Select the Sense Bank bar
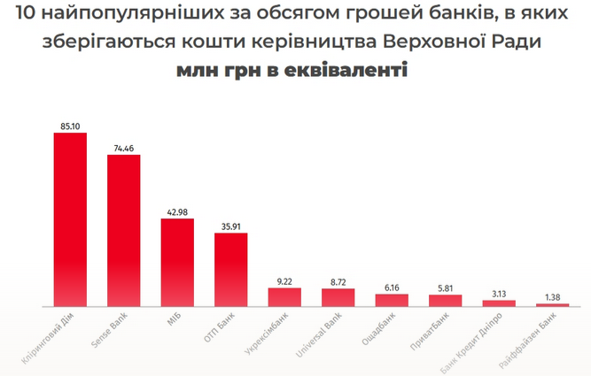(123, 230)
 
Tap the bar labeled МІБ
(177, 262)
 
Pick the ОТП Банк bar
(230, 270)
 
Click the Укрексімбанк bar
(284, 296)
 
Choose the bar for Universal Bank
(338, 297)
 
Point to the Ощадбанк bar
(391, 300)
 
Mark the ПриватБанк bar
(445, 300)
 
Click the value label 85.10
(71, 127)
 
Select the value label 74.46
(124, 148)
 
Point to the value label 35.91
(230, 226)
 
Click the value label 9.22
(284, 280)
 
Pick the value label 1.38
(552, 296)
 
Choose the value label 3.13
(498, 293)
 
